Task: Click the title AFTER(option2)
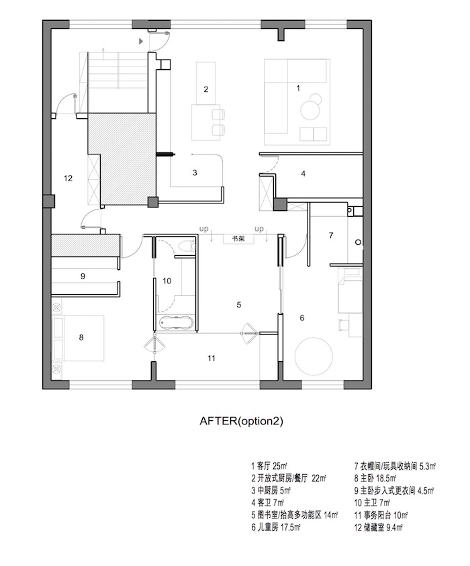pos(241,421)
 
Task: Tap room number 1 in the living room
pos(298,88)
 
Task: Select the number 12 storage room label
pos(68,178)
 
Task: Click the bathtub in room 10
pos(175,322)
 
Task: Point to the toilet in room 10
pos(187,246)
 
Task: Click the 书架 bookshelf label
pos(238,238)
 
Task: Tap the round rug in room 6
pos(314,356)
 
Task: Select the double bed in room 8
pos(79,338)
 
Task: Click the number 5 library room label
pos(238,305)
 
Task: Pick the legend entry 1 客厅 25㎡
pos(269,466)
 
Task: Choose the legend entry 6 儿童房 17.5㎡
pos(276,527)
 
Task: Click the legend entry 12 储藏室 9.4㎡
pos(378,527)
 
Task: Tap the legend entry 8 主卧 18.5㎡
pos(375,478)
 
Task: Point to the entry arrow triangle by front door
pos(141,42)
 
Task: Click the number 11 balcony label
pos(211,358)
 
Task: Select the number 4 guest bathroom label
pos(303,174)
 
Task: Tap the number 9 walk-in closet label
pos(83,276)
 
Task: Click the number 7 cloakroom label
pos(331,236)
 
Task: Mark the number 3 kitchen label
pos(195,173)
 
